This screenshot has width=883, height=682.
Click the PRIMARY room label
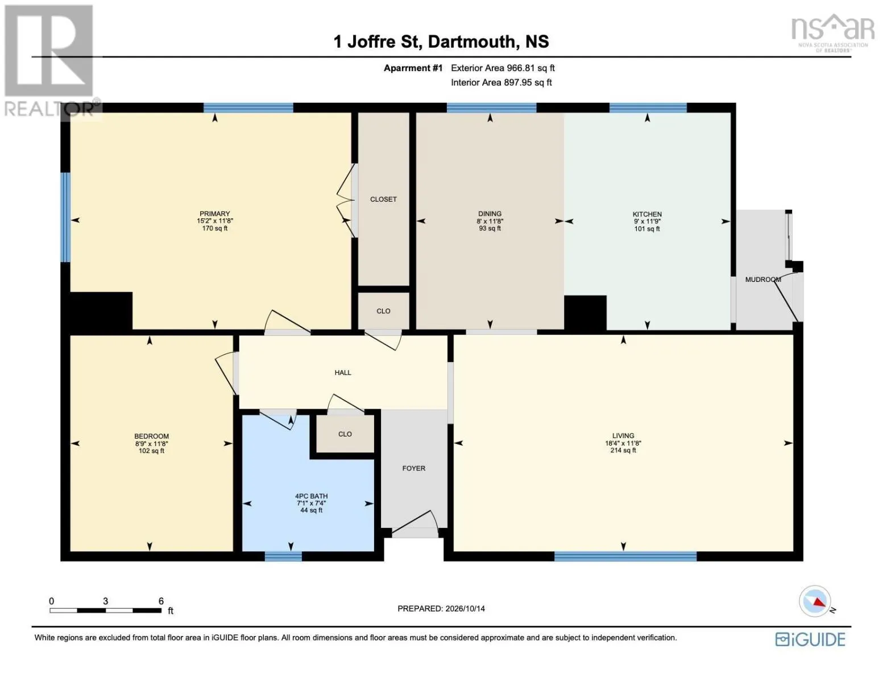tap(214, 214)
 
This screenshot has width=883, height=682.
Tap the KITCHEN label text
tap(647, 214)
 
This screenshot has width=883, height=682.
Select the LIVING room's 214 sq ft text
tap(623, 451)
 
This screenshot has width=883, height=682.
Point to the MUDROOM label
tap(762, 280)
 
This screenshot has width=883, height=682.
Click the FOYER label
tap(414, 468)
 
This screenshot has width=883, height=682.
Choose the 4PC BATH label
tap(311, 496)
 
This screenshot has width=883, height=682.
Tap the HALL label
tap(343, 372)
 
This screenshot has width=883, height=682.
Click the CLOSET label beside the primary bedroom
tap(383, 199)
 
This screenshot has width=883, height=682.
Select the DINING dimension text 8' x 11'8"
tap(490, 221)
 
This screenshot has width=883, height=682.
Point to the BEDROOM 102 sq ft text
tap(151, 451)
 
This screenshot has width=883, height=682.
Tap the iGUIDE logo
tap(810, 639)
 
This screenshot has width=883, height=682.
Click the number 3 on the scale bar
tap(106, 601)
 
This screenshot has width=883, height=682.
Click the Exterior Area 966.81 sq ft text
tap(503, 68)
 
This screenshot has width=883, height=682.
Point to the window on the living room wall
tap(625, 556)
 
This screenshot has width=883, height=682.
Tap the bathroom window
tap(283, 556)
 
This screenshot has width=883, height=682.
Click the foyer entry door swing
tap(415, 523)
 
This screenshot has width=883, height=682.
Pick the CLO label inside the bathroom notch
tap(345, 434)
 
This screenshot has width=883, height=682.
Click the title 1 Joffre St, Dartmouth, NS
tap(441, 42)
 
